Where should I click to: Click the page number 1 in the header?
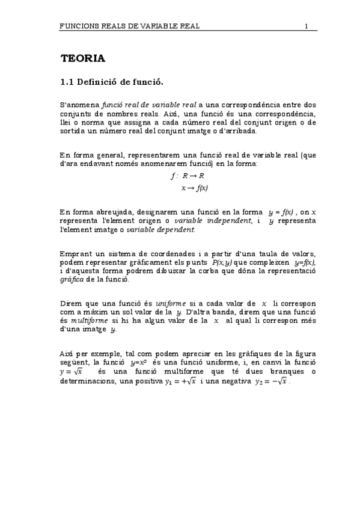tap(307, 26)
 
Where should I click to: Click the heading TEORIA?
tap(83, 58)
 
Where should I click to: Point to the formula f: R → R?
tap(188, 176)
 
